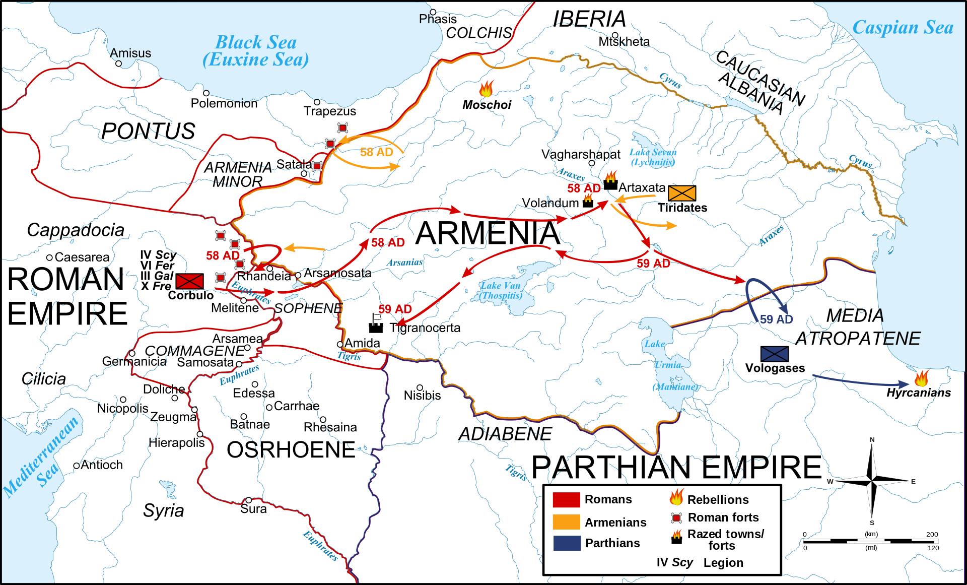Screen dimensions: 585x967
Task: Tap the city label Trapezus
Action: (329, 111)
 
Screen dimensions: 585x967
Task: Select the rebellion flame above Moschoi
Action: (487, 89)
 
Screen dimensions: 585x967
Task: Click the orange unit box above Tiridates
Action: (682, 193)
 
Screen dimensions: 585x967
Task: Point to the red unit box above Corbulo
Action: (190, 281)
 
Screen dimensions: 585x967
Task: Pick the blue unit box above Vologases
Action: (774, 354)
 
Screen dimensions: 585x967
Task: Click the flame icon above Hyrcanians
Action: (922, 378)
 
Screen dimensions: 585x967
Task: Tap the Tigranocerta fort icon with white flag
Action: (376, 324)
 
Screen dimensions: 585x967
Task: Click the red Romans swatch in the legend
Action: (566, 499)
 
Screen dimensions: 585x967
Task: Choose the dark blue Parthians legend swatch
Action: (567, 543)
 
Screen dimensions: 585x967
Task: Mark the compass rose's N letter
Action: (872, 440)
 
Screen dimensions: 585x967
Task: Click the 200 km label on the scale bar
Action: (932, 534)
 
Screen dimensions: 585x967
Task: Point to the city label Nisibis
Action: (422, 396)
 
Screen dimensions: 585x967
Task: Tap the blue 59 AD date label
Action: (776, 319)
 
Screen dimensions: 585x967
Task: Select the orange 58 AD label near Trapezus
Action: (376, 152)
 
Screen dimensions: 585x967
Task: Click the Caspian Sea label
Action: (903, 27)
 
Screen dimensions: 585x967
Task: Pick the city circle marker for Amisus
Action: (118, 63)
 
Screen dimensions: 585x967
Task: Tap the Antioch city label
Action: (101, 465)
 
